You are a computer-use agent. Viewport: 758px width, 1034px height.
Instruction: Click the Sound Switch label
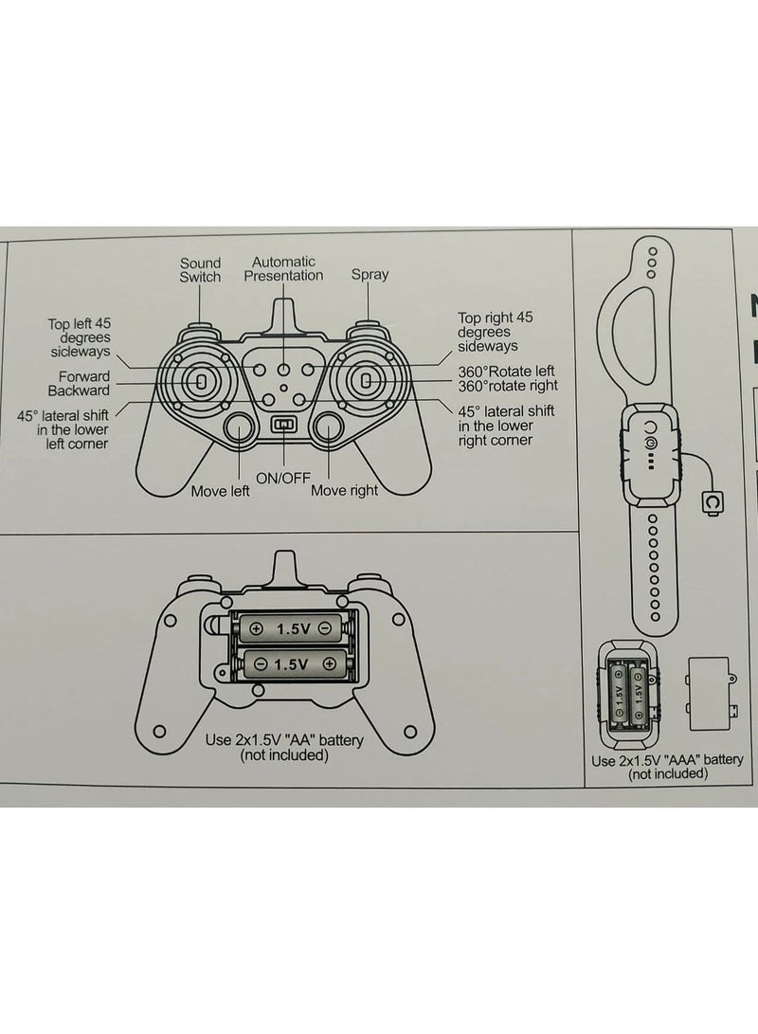tap(200, 270)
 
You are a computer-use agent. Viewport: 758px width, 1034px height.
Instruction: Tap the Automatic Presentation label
tap(283, 268)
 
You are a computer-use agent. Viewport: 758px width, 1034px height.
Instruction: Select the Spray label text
tap(370, 274)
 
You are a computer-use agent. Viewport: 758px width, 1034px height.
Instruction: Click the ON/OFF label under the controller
tap(282, 478)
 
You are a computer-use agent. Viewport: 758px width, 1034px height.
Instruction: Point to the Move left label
tap(220, 491)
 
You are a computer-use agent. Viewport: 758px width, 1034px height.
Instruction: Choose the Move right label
tap(344, 490)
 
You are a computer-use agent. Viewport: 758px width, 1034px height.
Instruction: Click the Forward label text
tap(83, 376)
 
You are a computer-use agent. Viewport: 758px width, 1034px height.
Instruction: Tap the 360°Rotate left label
tap(506, 372)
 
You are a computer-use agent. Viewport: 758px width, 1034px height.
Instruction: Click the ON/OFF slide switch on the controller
tap(284, 424)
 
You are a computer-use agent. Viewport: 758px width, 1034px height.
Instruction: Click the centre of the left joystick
tap(200, 381)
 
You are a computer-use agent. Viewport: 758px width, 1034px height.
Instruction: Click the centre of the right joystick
tap(367, 380)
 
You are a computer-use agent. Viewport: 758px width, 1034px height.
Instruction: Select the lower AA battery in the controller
tap(291, 663)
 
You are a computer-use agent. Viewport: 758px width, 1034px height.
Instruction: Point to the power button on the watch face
tap(649, 443)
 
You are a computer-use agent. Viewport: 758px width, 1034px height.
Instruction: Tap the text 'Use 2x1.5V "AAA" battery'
tap(666, 760)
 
